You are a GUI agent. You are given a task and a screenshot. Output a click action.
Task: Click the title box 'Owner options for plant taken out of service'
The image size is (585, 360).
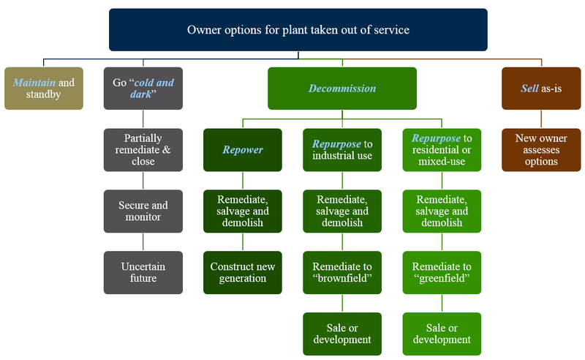298,30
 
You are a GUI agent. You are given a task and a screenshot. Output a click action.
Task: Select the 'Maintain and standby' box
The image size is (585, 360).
44,89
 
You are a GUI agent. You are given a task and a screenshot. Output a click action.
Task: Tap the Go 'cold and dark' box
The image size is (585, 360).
143,89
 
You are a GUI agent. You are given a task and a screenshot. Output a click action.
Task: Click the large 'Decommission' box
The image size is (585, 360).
342,89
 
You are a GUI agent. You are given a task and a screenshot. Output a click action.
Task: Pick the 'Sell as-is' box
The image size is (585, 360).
541,89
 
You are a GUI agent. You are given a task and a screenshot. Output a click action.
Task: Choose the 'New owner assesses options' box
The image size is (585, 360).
541,150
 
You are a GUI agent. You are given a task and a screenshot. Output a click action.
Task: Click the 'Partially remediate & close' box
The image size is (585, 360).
143,150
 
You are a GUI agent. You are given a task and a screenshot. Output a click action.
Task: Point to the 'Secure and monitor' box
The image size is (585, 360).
143,211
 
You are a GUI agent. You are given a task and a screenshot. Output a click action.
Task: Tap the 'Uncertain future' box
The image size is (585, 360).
143,273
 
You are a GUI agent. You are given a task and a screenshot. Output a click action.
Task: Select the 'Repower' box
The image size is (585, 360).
243,150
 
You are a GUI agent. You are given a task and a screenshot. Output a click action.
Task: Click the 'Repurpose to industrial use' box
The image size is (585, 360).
342,150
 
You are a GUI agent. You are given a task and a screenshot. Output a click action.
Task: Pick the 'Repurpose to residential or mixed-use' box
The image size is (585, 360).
442,150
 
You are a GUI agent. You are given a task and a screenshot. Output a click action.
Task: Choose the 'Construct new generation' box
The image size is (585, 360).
243,273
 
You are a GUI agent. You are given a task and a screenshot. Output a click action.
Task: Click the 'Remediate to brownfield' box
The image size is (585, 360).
342,273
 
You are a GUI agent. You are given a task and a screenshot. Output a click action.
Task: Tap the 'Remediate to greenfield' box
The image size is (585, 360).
442,273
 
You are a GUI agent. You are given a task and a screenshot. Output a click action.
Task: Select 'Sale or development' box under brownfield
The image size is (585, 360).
342,334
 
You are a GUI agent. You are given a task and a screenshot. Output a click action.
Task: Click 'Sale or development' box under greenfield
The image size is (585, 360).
442,334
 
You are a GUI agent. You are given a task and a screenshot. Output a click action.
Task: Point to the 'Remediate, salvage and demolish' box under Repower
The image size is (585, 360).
243,211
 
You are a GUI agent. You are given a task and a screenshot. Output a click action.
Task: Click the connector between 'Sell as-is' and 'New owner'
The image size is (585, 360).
541,119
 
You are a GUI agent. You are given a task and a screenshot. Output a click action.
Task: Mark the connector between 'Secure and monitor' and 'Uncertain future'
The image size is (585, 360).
143,242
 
